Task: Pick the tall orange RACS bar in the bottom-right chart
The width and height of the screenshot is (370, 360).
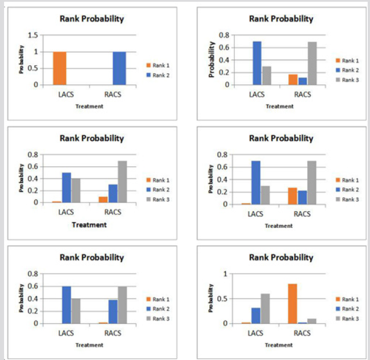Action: [292, 303]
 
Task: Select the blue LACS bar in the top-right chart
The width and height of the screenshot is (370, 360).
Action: [256, 63]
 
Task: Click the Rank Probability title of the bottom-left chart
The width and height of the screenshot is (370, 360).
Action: [92, 257]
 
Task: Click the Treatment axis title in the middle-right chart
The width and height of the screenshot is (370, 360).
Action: [279, 226]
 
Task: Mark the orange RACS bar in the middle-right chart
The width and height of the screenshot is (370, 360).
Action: [292, 196]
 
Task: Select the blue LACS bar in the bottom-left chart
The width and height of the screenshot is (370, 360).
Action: [66, 305]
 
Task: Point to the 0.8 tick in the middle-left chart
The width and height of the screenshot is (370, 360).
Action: [33, 155]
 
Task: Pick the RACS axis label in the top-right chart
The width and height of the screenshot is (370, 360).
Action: [303, 94]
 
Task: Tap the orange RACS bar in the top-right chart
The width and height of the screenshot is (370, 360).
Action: [292, 79]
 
